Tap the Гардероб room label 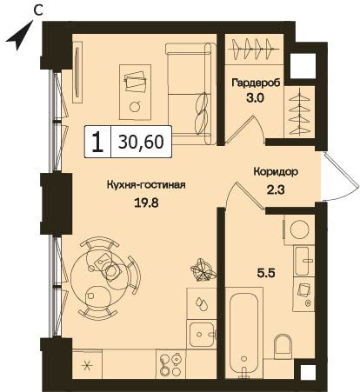pos(256,83)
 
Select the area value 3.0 pos(255,98)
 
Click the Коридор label pos(276,172)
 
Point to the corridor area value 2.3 pos(275,190)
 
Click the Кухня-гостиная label pos(146,184)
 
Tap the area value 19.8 pos(146,203)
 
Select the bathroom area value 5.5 pos(265,273)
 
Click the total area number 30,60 pos(141,142)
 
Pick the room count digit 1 pos(97,142)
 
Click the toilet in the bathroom pos(283,347)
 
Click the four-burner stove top pos(170,363)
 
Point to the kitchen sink pos(202,334)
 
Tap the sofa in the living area pos(191,93)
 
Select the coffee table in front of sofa pos(135,92)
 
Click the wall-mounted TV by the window pos(77,72)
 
